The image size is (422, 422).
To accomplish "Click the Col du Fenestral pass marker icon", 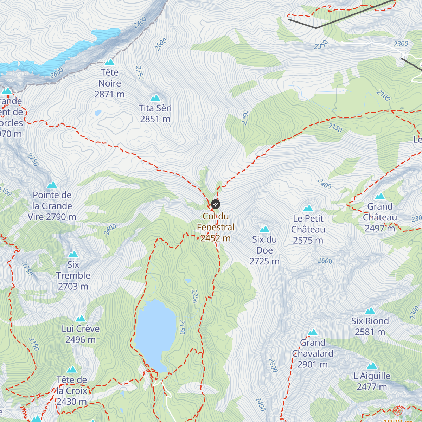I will click(x=216, y=204).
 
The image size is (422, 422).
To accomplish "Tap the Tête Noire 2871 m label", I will click(x=110, y=83).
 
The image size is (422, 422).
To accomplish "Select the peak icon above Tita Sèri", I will click(x=155, y=98).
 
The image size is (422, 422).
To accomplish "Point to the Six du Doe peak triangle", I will click(x=264, y=229).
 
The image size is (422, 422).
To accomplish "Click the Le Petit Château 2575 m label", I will click(x=308, y=229).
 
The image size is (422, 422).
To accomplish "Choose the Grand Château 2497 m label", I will click(x=380, y=217).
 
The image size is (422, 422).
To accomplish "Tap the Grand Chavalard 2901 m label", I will click(x=313, y=353).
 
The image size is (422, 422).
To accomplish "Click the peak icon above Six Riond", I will click(x=370, y=311).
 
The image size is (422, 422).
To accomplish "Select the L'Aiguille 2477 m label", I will click(x=372, y=381).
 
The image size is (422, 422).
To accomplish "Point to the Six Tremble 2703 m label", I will click(x=73, y=275).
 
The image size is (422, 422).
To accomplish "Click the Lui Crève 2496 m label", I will click(x=81, y=334).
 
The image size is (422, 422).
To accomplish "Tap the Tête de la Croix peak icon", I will click(x=72, y=370).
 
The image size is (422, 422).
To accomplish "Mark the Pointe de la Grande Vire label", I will click(x=52, y=206).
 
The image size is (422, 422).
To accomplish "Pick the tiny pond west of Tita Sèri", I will click(x=98, y=113).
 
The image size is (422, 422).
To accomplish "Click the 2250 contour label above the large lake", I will click(x=195, y=296).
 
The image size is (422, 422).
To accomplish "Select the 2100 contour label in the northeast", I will click(x=383, y=95).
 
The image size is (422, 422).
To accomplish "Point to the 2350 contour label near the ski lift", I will click(x=321, y=45).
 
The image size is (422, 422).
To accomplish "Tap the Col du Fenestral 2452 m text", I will click(x=215, y=227).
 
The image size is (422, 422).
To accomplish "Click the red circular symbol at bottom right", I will click(x=397, y=410).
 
